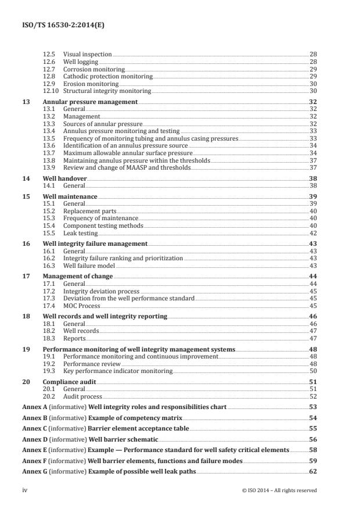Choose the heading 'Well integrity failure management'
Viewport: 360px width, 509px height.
click(x=95, y=244)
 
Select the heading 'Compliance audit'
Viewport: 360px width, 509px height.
click(x=70, y=382)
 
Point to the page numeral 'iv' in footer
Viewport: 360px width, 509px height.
click(x=25, y=490)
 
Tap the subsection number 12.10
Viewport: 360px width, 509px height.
click(x=51, y=91)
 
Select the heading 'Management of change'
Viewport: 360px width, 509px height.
click(x=78, y=277)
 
